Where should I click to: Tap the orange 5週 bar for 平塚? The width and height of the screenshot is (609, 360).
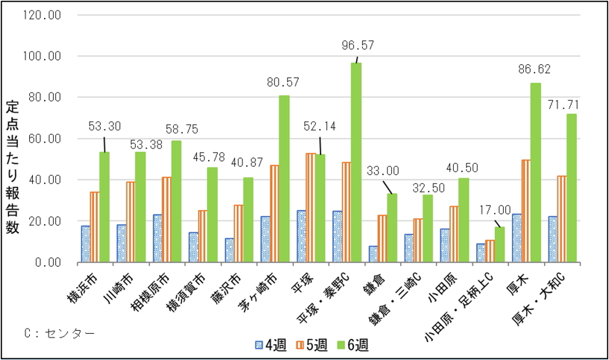tap(311, 207)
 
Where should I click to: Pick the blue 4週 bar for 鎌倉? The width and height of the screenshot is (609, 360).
tap(373, 253)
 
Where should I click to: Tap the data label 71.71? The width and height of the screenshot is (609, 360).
tap(562, 103)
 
